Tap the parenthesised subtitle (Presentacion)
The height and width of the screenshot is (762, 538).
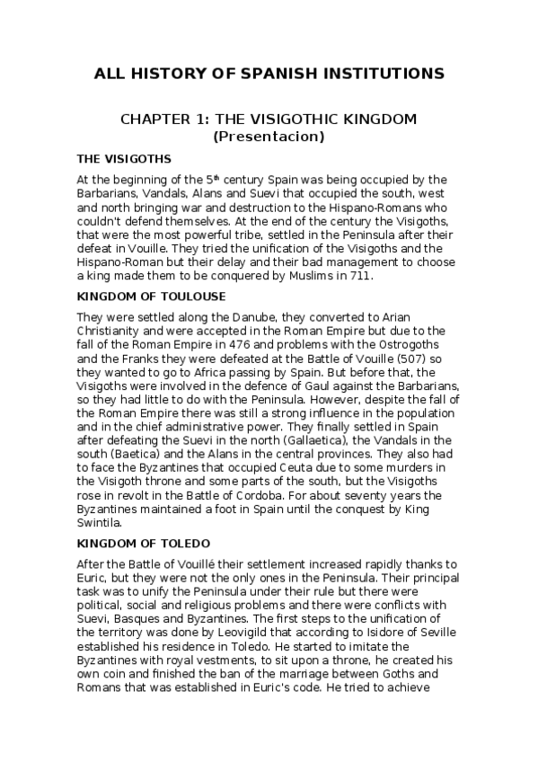coord(269,137)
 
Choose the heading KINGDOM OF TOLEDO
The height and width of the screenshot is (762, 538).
coord(144,544)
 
